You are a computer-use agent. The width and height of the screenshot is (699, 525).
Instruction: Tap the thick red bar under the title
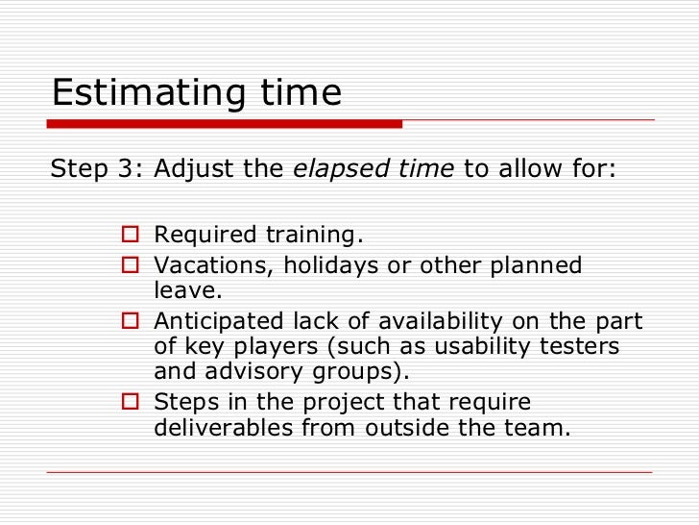pyautogui.click(x=225, y=124)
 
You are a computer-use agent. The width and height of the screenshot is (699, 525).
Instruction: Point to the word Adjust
pyautogui.click(x=197, y=170)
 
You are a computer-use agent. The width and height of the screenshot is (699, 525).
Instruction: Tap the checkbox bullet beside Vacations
pyautogui.click(x=132, y=265)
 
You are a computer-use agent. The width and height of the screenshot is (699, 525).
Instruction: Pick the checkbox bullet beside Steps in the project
pyautogui.click(x=132, y=402)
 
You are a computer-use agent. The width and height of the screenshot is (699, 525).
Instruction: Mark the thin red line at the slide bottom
pyautogui.click(x=349, y=472)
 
